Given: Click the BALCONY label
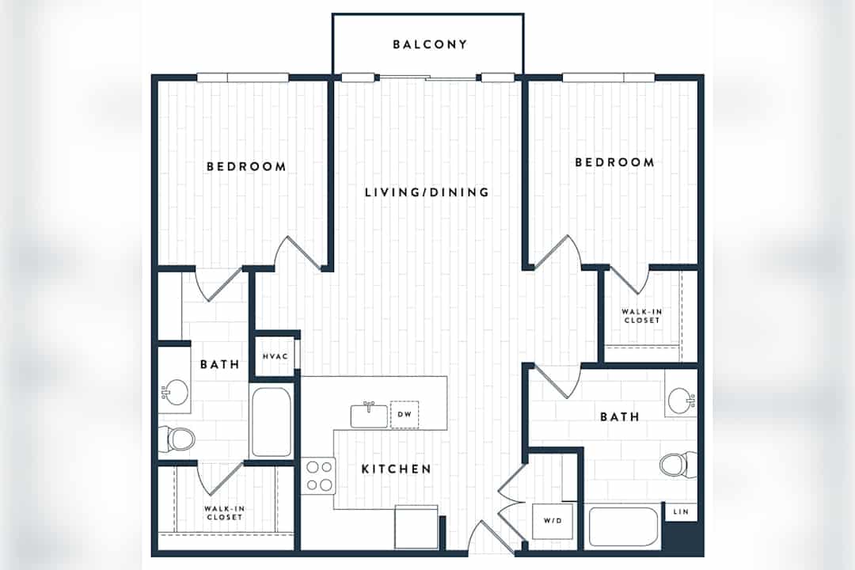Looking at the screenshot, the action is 430,44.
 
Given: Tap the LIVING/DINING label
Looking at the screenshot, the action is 427,192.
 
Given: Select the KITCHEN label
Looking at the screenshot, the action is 397,469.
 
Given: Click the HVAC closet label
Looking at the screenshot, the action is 275,357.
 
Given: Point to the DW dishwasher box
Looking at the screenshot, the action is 405,415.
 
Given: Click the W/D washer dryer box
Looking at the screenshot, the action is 553,521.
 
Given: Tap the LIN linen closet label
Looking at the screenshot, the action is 681,511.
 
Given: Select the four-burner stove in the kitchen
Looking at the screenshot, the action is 318,476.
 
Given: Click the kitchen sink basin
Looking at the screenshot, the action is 369,416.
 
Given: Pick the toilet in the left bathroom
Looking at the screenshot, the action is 178,439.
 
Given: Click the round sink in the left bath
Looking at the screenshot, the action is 176,393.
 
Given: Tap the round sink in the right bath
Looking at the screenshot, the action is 681,401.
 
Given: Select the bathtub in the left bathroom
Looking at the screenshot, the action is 271,421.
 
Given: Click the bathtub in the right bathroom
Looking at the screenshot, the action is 623,527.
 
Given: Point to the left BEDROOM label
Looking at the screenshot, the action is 246,166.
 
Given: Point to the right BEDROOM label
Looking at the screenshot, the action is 614,162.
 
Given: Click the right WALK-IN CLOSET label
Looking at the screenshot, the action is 642,316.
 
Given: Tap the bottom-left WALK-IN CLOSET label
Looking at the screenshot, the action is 224,513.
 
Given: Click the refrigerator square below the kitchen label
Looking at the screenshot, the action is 416,527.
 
